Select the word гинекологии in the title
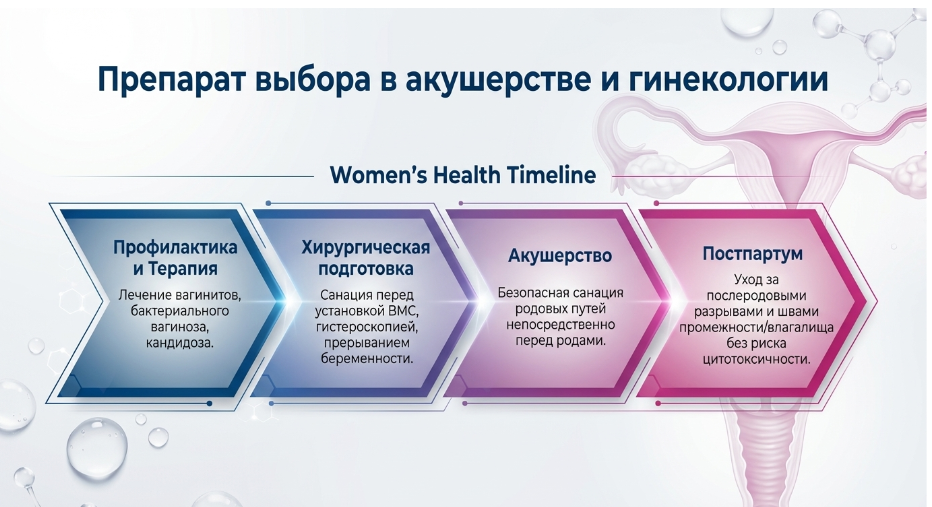click(x=728, y=80)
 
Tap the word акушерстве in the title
click(x=498, y=80)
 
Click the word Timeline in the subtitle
click(x=551, y=175)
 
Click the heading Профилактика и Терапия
click(x=175, y=257)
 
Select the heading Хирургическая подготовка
click(x=366, y=257)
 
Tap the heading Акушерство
click(x=560, y=256)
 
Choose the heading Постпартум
click(x=752, y=254)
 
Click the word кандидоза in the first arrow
click(x=178, y=343)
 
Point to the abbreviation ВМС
click(x=404, y=311)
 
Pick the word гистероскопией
click(x=367, y=327)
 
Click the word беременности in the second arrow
click(x=366, y=359)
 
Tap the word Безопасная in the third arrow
click(x=527, y=293)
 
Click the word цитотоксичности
click(x=756, y=360)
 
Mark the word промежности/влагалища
click(x=756, y=327)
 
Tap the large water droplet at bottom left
click(x=97, y=449)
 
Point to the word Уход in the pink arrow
click(x=748, y=280)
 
